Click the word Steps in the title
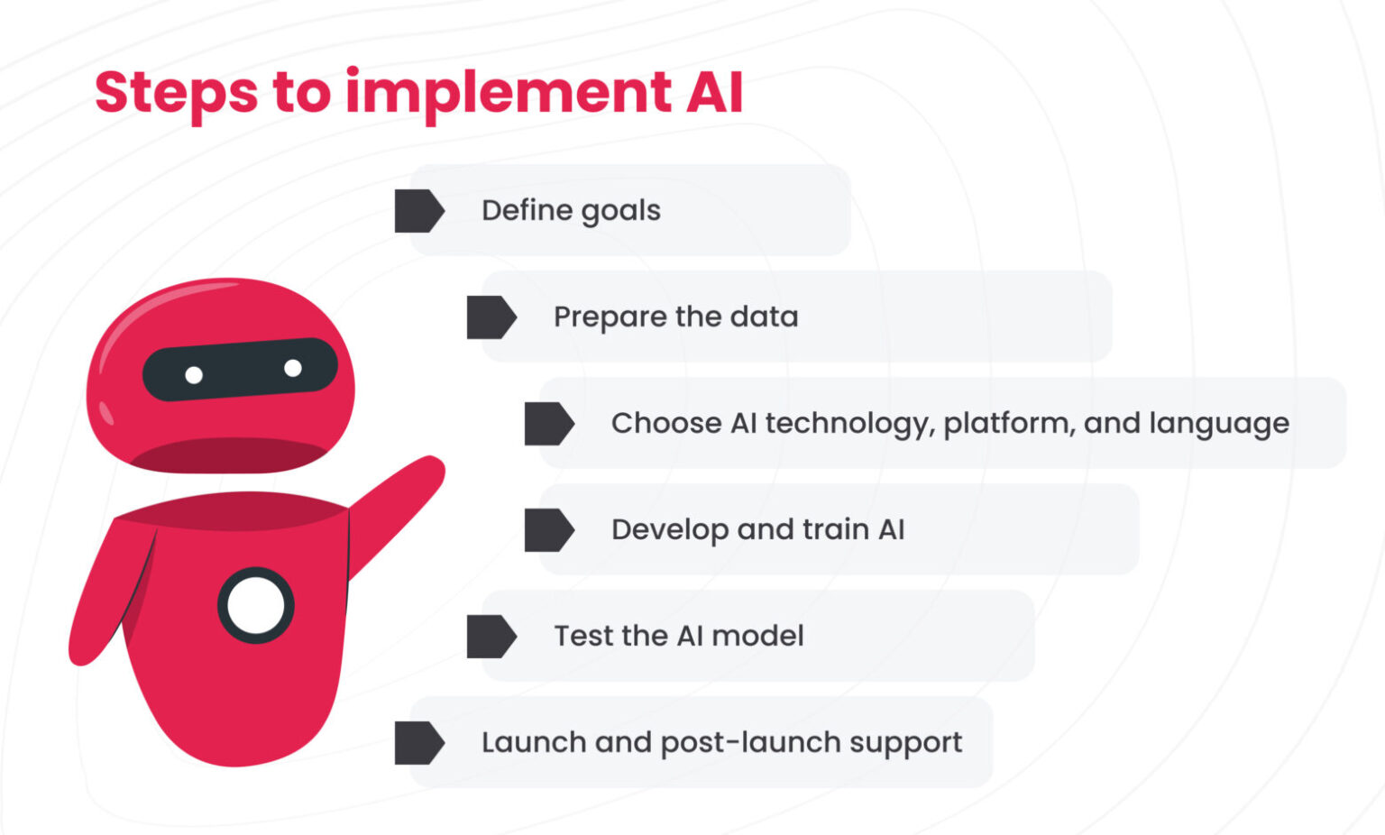176,93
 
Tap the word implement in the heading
508,93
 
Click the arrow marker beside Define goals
418,211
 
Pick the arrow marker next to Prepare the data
491,317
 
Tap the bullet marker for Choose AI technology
548,424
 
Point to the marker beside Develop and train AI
548,530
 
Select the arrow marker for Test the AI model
491,637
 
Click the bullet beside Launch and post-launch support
418,743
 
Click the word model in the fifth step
757,636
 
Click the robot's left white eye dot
194,375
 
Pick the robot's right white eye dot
293,368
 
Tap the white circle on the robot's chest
256,606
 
